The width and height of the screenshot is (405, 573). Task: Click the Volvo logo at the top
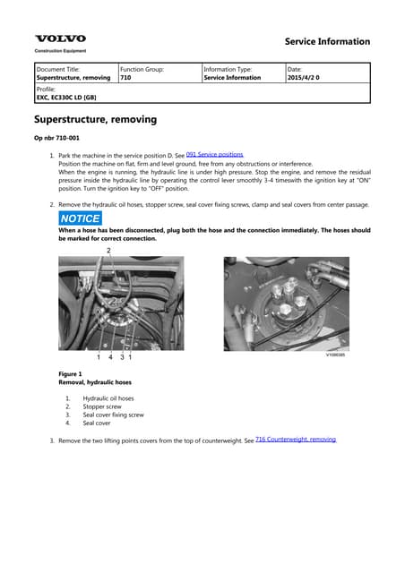(60, 38)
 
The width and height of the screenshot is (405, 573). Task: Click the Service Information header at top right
(326, 41)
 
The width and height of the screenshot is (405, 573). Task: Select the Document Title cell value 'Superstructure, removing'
(73, 78)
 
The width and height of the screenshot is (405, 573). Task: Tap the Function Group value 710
(125, 78)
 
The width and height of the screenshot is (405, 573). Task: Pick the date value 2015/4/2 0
(304, 78)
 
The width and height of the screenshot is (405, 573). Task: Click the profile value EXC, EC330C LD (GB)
(66, 99)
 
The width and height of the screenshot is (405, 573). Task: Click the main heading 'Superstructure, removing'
(95, 119)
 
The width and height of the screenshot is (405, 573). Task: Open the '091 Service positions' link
(214, 155)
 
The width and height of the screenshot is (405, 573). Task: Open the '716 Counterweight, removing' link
(295, 440)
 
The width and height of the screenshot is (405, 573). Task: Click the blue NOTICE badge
(80, 218)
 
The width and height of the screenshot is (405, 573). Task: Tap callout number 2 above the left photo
(109, 251)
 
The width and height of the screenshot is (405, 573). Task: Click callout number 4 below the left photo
(110, 357)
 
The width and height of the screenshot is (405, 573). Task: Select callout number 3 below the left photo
(123, 357)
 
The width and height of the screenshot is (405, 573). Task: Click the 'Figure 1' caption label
(69, 373)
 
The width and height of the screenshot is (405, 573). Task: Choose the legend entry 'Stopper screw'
(102, 406)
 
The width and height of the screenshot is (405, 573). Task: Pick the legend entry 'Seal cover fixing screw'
(113, 415)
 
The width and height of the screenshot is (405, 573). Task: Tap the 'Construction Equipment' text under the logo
(60, 51)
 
